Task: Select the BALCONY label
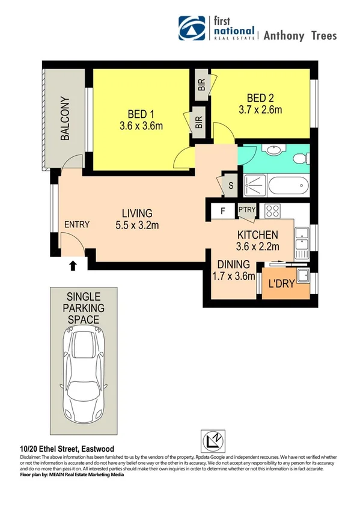coord(65,118)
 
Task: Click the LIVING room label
coord(137,219)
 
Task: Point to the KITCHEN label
coord(257,241)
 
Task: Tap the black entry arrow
coord(73,265)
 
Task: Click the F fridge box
coord(222,210)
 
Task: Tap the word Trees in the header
coord(325,35)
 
